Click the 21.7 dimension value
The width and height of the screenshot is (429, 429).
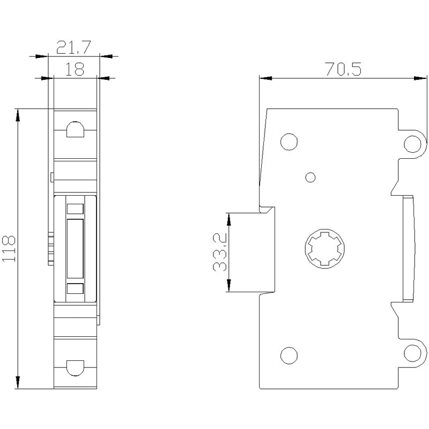point(73,47)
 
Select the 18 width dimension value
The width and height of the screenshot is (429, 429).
point(75,69)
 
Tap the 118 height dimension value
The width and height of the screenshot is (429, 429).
point(9,248)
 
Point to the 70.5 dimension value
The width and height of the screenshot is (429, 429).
point(343,69)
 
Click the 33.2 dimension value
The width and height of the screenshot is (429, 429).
point(220,252)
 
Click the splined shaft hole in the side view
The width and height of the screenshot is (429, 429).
point(325,248)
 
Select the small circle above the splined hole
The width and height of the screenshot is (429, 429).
point(310,177)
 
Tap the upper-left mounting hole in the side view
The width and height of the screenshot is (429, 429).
point(289,142)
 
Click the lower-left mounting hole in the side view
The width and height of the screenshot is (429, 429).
point(289,356)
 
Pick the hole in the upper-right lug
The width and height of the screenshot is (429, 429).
point(412,144)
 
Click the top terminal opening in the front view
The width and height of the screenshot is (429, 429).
point(75,129)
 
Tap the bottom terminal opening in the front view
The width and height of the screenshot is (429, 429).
point(75,368)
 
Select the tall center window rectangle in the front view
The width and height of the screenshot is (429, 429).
point(75,248)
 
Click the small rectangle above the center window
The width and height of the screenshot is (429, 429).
point(75,209)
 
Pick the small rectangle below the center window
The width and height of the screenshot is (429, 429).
point(75,289)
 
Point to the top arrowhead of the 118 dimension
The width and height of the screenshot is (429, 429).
point(18,115)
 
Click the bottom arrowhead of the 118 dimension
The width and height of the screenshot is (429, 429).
point(18,382)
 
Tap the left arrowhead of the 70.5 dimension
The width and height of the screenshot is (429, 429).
point(265,78)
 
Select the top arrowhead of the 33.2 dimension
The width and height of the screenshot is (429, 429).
point(229,219)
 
